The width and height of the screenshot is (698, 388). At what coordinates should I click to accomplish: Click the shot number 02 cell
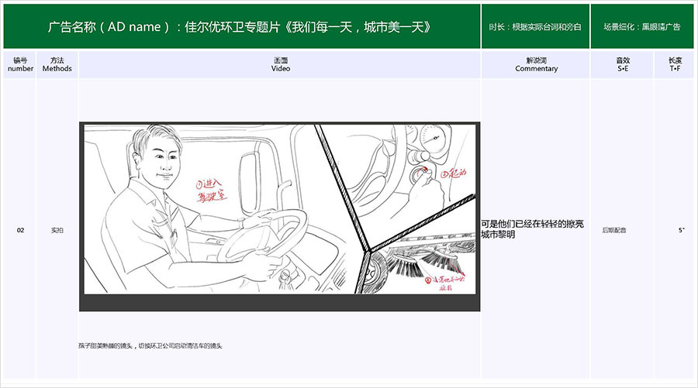[20, 230]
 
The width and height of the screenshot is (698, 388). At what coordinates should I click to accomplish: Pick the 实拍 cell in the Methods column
[57, 230]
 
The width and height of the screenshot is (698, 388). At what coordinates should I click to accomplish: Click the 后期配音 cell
[614, 230]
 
